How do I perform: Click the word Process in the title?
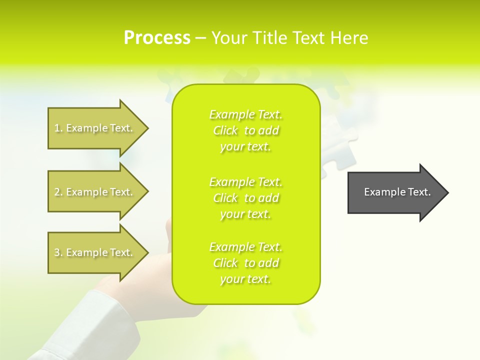point(157,38)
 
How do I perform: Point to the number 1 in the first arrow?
point(57,128)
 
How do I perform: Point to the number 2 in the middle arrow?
point(57,192)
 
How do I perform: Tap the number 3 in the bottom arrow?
point(57,252)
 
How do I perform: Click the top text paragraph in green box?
point(245,130)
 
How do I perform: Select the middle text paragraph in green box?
point(245,197)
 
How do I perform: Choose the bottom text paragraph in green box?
point(245,263)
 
